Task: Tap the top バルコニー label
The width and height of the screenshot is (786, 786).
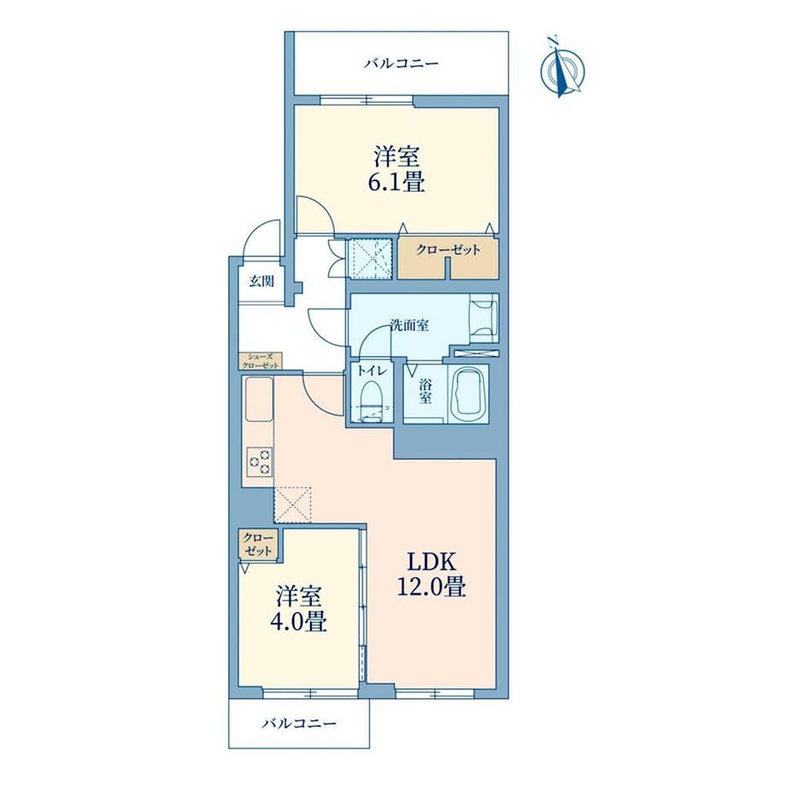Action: click(402, 64)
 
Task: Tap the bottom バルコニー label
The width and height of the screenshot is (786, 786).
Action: click(299, 724)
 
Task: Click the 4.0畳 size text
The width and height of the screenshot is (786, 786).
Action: click(299, 621)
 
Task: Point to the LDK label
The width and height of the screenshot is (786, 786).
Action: click(431, 562)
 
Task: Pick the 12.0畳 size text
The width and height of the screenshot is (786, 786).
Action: click(431, 586)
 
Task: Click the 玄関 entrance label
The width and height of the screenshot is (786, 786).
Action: click(261, 281)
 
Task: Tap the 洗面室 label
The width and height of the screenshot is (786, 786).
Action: click(409, 326)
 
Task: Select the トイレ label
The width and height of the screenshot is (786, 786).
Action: click(372, 372)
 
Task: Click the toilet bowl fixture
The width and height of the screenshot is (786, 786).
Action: click(372, 394)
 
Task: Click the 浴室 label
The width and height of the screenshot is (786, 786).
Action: click(425, 391)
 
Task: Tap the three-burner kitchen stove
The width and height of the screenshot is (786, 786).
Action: click(259, 461)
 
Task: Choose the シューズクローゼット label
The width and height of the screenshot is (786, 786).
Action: click(261, 361)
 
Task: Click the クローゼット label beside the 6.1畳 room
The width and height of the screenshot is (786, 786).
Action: click(449, 249)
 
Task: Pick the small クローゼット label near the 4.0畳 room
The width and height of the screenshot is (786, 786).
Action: click(258, 544)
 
